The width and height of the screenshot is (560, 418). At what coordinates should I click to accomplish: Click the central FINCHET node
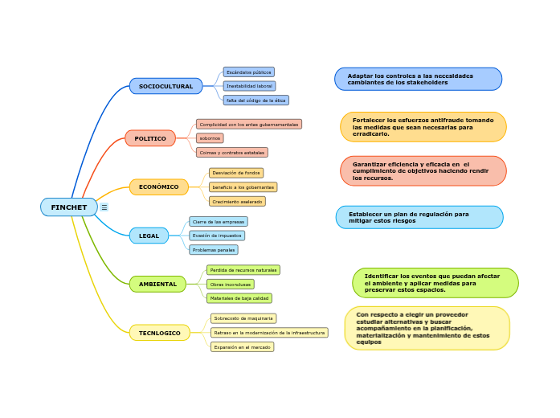[x=68, y=207]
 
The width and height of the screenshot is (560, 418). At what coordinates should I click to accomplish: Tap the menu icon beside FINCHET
[x=104, y=207]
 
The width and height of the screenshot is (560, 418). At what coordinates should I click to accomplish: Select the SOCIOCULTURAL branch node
[x=166, y=86]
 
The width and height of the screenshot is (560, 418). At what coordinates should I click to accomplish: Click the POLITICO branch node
[x=149, y=138]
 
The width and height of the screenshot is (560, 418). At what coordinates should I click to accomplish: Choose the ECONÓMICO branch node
[x=158, y=186]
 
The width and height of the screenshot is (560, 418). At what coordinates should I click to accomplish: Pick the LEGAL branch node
[x=149, y=236]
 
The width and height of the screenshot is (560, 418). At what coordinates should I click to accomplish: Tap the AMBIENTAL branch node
[x=157, y=284]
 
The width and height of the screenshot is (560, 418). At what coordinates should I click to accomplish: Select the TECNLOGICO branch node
[x=159, y=333]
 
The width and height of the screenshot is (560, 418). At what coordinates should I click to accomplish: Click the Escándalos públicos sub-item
[x=248, y=72]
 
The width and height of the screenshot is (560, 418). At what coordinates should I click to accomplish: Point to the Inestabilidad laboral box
[x=249, y=86]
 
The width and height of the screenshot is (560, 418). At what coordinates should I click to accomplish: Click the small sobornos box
[x=210, y=138]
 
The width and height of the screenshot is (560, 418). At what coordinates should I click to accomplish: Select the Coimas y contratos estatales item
[x=231, y=152]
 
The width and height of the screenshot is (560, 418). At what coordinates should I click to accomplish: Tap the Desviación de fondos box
[x=235, y=173]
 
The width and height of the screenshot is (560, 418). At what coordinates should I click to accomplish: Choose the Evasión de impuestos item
[x=217, y=236]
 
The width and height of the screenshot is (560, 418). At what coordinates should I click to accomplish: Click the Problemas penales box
[x=214, y=250]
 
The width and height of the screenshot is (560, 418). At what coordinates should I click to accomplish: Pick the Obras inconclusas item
[x=231, y=284]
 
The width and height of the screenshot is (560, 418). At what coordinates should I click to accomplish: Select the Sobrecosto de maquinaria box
[x=243, y=318]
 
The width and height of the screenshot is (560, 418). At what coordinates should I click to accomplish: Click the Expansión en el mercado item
[x=242, y=347]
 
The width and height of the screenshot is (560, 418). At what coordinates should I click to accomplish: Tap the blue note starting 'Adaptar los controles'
[x=418, y=79]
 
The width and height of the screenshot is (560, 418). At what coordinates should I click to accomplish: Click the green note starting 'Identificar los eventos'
[x=435, y=283]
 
